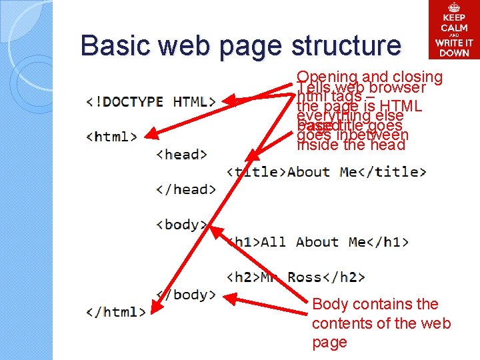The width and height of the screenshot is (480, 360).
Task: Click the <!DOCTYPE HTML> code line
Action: [151, 102]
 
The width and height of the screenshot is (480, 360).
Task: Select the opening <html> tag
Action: [112, 137]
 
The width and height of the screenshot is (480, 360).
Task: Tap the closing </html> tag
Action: [116, 311]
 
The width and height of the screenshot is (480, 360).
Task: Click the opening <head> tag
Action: [181, 154]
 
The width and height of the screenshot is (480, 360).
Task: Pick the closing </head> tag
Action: [185, 189]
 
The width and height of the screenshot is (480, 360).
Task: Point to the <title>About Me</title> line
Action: [327, 172]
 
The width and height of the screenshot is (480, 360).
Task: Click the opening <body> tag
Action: [181, 224]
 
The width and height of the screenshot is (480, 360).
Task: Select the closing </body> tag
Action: [185, 294]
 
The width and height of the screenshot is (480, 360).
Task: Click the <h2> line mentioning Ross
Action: [296, 277]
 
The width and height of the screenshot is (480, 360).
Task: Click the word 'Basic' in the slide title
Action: [114, 45]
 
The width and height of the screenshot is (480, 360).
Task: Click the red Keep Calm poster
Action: [454, 29]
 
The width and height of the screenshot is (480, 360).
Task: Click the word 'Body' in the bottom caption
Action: [329, 305]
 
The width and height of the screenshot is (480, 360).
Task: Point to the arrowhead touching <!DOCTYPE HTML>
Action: [227, 102]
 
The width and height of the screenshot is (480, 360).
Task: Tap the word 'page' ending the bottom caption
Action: [329, 343]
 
